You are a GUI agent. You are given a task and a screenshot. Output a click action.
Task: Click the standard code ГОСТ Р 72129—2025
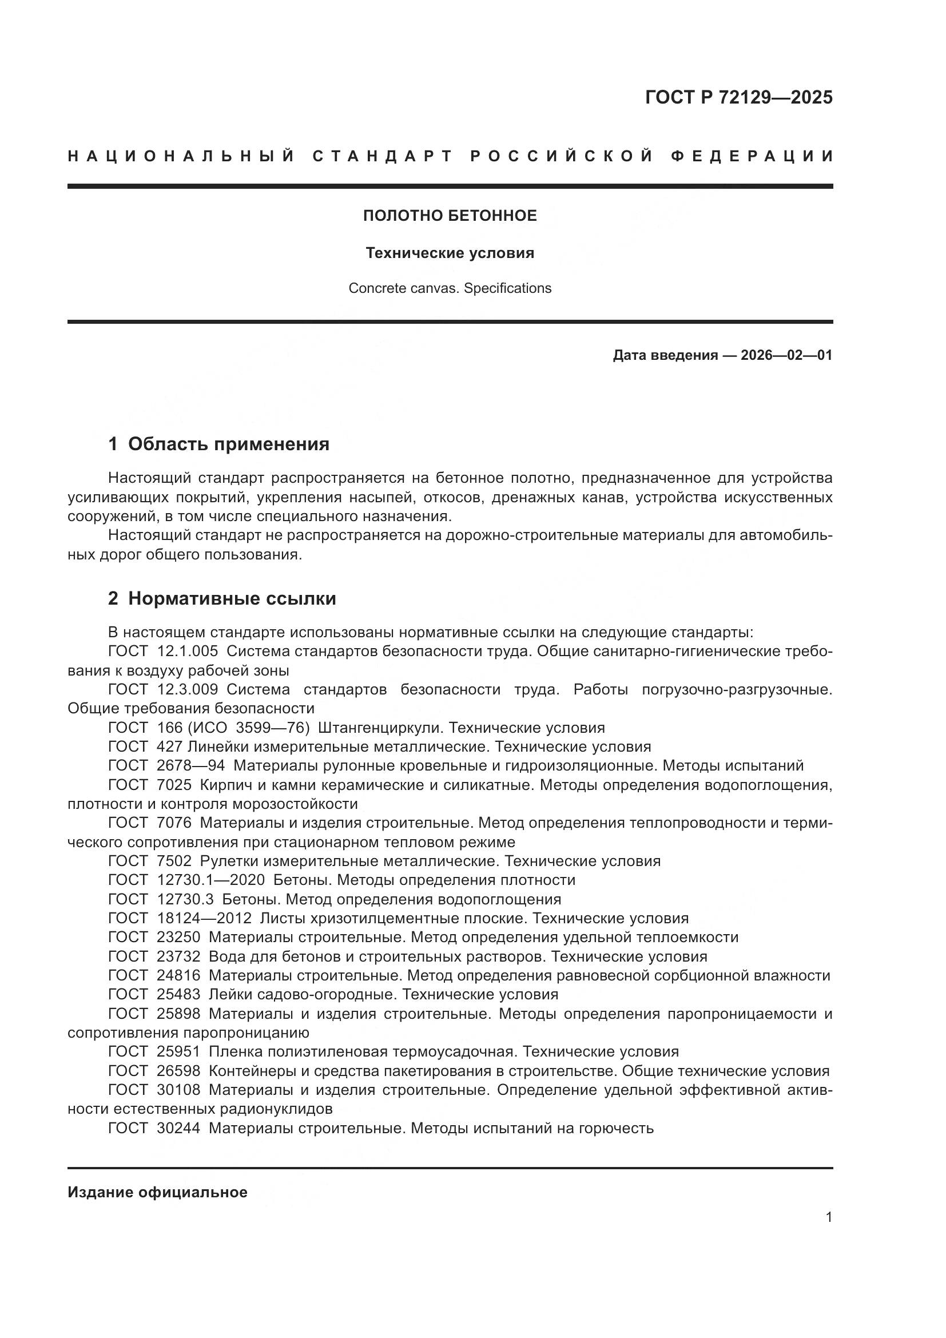pyautogui.click(x=738, y=97)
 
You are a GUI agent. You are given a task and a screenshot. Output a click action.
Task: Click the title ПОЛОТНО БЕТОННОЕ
pyautogui.click(x=450, y=216)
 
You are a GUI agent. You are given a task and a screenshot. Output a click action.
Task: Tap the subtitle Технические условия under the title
pyautogui.click(x=450, y=253)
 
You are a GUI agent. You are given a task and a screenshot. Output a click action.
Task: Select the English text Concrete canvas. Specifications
pyautogui.click(x=450, y=288)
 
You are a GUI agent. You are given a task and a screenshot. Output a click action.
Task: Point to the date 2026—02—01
pyautogui.click(x=786, y=355)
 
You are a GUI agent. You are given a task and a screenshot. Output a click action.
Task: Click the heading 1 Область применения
pyautogui.click(x=218, y=444)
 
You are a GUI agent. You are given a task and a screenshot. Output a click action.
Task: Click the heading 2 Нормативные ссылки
pyautogui.click(x=222, y=598)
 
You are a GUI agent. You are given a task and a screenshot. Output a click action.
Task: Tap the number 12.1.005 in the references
pyautogui.click(x=188, y=651)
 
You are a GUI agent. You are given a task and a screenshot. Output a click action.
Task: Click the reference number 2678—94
pyautogui.click(x=190, y=766)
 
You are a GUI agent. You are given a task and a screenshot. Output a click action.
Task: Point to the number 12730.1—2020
pyautogui.click(x=210, y=880)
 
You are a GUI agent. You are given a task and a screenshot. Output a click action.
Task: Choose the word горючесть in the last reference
pyautogui.click(x=616, y=1128)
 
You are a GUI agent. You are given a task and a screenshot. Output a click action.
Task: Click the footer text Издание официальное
pyautogui.click(x=157, y=1192)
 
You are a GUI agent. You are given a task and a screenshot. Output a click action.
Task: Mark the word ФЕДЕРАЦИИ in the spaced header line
pyautogui.click(x=752, y=156)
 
